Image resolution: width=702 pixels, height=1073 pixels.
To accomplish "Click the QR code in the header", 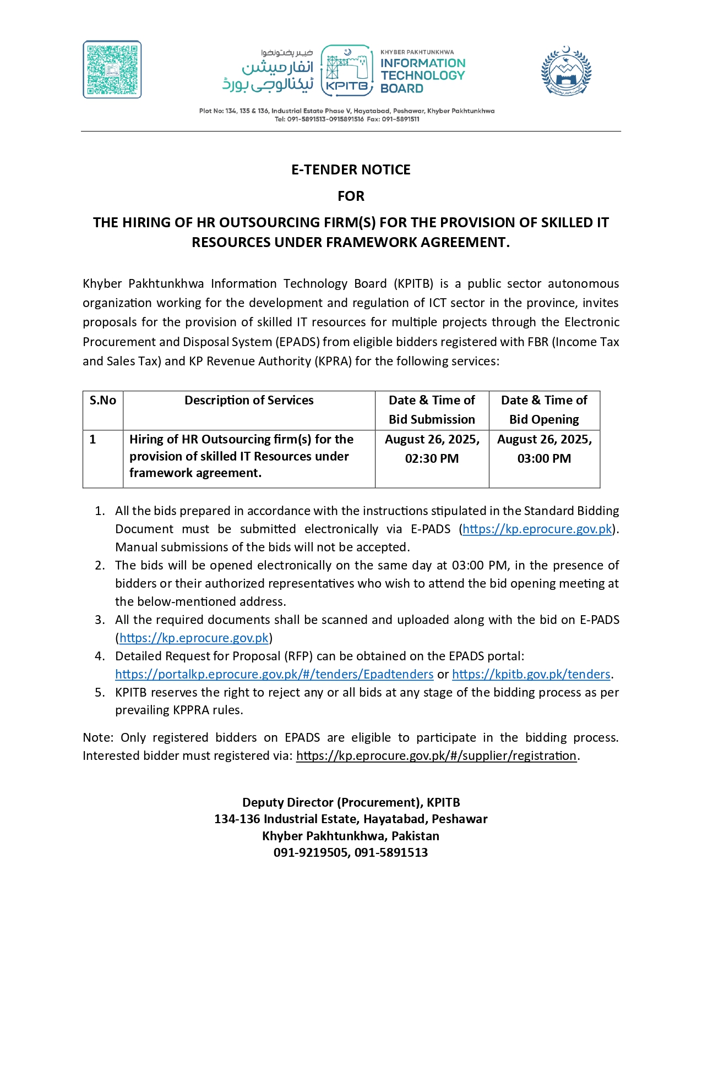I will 112,69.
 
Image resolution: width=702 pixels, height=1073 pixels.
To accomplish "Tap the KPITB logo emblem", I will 347,69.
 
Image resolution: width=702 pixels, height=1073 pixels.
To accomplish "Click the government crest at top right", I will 565,71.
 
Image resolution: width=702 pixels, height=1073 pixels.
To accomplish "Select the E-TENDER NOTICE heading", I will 351,169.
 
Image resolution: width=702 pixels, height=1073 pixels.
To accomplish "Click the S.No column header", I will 103,401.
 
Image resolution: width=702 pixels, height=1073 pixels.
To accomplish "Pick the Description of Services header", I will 249,401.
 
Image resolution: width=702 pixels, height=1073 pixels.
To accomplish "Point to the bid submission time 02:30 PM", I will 432,458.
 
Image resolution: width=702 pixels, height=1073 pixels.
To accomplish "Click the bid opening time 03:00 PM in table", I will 544,458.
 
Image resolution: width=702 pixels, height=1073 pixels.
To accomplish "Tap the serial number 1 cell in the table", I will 93,439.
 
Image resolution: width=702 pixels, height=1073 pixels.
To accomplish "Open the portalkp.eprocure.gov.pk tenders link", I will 274,674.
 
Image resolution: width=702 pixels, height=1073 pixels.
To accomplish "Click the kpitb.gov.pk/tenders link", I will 531,674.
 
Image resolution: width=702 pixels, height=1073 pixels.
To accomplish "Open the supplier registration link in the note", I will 436,756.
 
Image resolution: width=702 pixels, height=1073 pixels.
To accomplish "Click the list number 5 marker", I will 100,692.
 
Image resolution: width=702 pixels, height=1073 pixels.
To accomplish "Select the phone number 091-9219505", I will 311,852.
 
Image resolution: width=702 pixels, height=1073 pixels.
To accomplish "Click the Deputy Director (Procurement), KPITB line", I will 351,802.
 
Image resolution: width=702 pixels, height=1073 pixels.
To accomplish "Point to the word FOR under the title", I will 351,196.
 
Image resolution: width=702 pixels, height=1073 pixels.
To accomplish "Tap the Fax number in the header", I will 400,119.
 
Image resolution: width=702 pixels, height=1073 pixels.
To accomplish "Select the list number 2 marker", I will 100,565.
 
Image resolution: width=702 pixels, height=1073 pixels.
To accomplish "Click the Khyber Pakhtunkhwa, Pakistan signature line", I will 351,836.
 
